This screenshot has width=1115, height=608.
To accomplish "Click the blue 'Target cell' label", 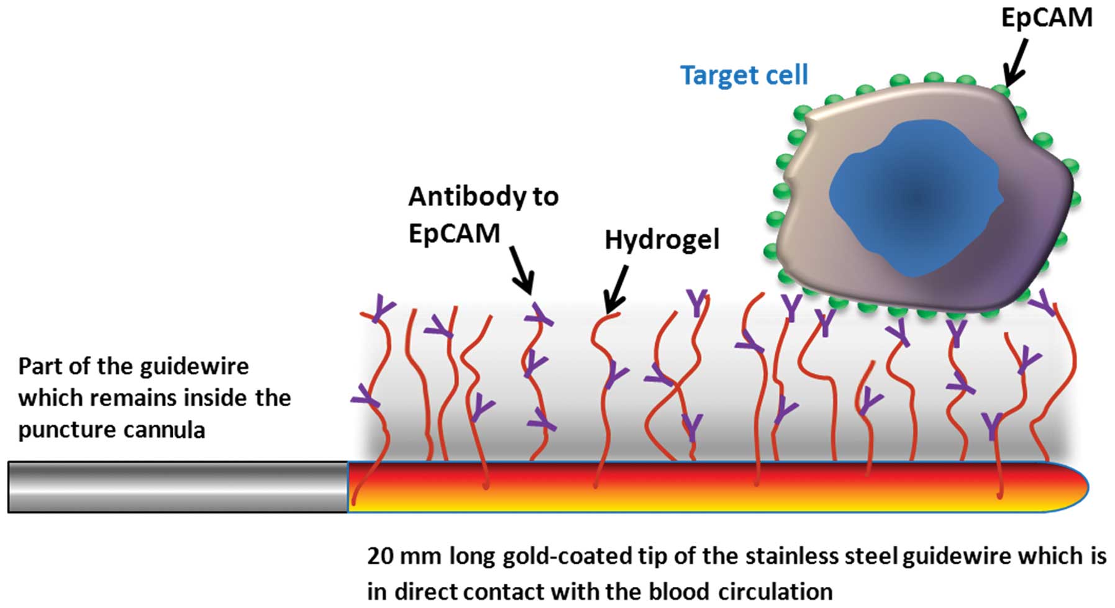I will click(x=744, y=75).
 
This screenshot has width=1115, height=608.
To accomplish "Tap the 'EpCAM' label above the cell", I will click(x=1047, y=18).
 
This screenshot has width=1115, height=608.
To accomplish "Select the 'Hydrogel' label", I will click(x=662, y=240).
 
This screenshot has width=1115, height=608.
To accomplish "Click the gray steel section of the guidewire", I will click(x=178, y=487).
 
